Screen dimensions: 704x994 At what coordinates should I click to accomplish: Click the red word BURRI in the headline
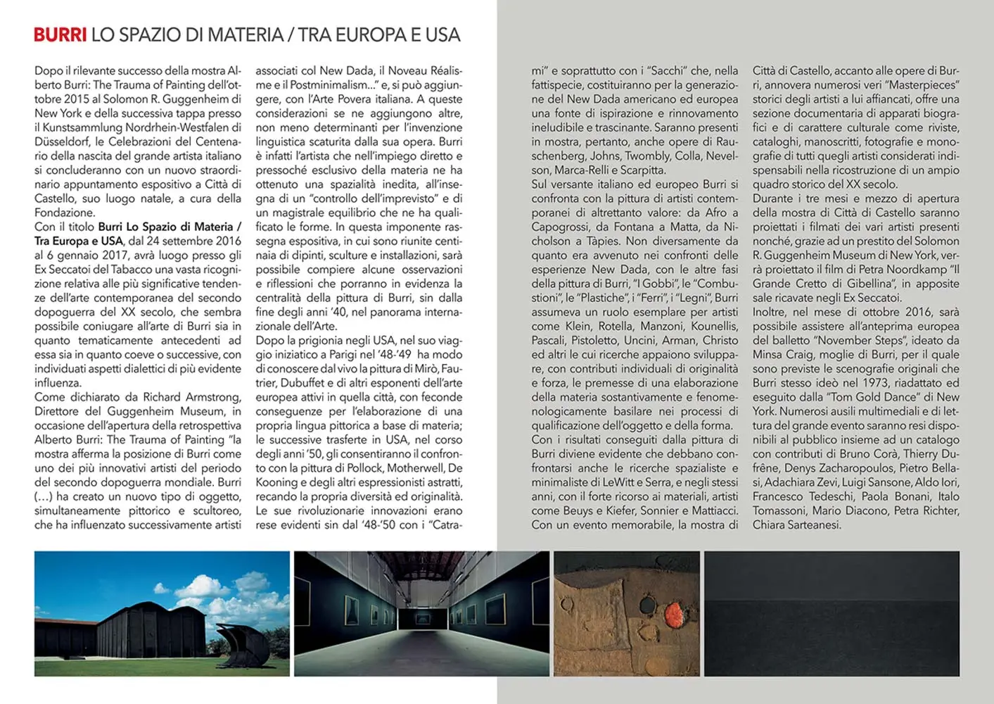(60, 34)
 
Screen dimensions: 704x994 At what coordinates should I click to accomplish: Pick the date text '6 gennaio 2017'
(81, 255)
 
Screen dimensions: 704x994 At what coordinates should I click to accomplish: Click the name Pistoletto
(592, 341)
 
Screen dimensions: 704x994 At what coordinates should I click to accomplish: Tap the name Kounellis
(715, 326)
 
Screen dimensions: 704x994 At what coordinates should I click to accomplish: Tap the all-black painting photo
(831, 613)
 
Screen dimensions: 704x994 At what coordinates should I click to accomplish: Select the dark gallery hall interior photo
(421, 613)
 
